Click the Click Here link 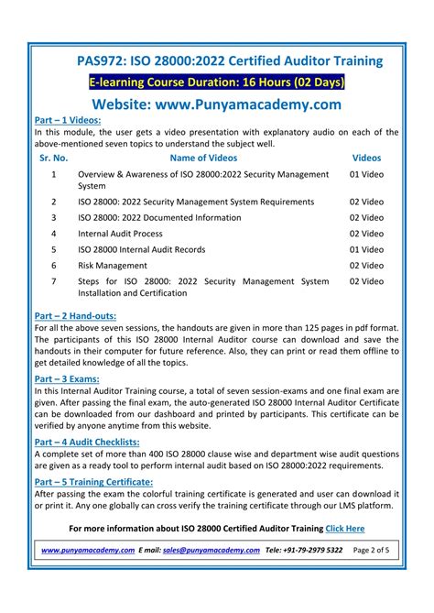tap(345, 528)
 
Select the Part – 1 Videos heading tap(67, 120)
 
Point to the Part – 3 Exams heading tap(68, 377)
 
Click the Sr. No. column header tap(55, 158)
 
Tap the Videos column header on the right tap(366, 158)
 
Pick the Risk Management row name tap(113, 265)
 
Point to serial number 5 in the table tap(54, 249)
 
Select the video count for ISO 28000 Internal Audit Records tap(366, 249)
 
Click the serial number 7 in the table tap(54, 281)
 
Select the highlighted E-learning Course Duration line tap(216, 82)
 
